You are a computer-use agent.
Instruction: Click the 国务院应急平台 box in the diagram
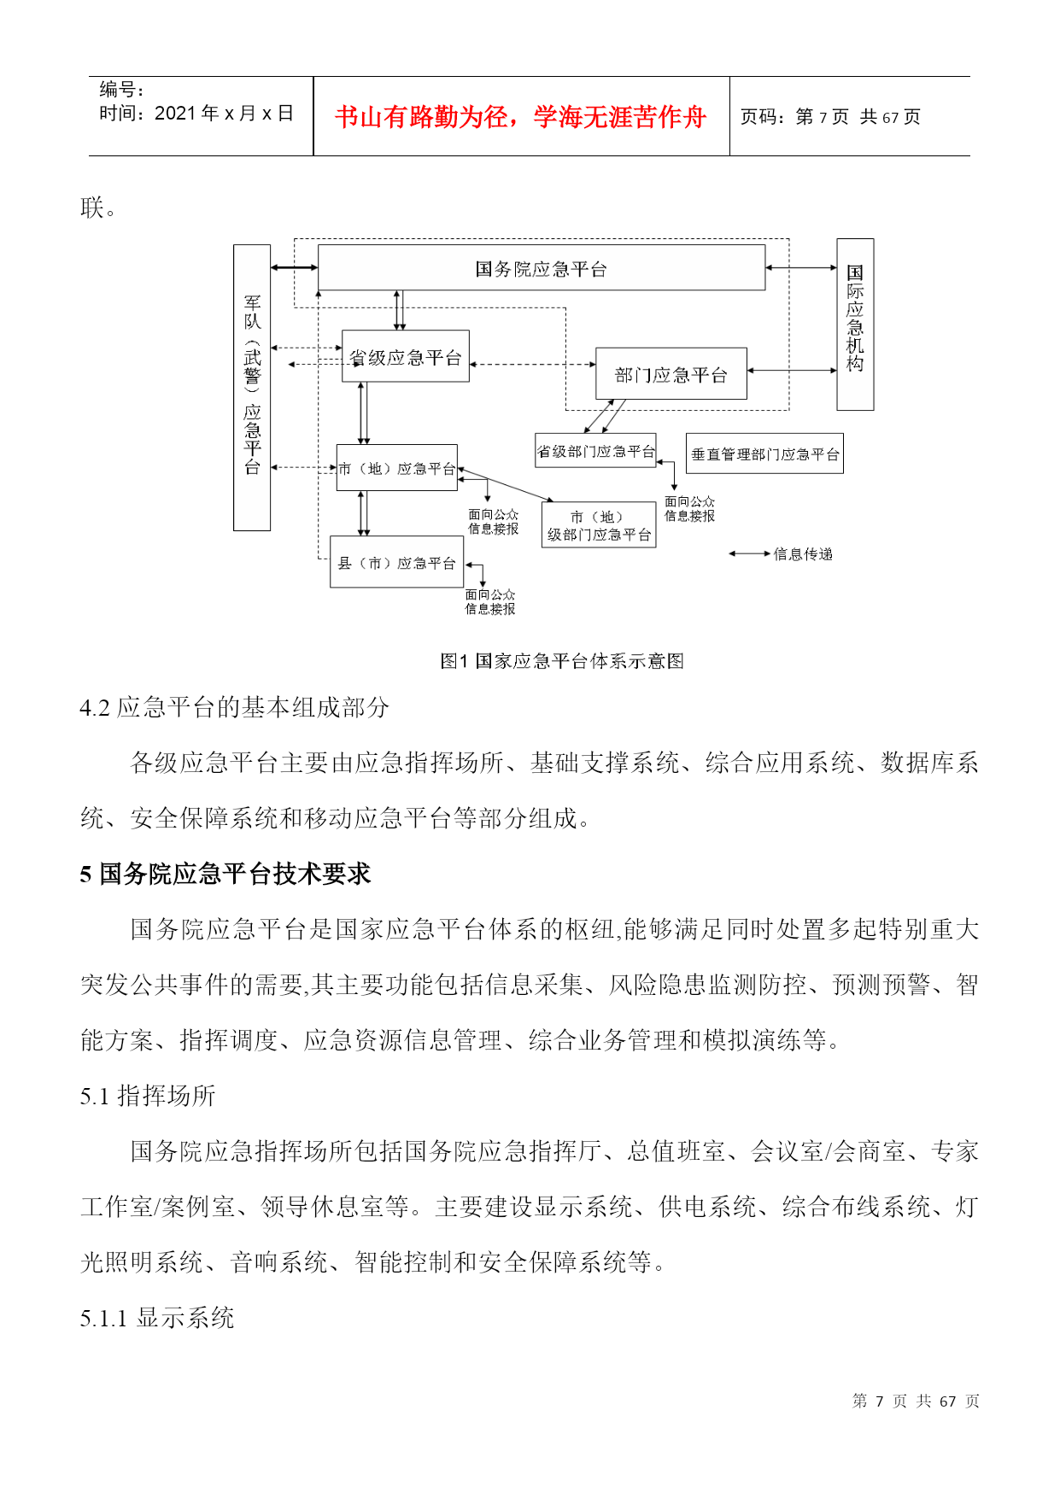click(541, 268)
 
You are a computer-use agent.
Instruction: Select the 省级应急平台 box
click(405, 356)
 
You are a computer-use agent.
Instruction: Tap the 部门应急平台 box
click(671, 374)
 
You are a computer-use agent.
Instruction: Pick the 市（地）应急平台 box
click(396, 468)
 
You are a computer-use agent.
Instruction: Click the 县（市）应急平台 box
click(396, 562)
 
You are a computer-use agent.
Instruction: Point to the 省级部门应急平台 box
click(595, 451)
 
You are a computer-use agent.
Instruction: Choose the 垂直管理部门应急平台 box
click(764, 453)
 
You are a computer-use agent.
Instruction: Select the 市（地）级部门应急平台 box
click(599, 525)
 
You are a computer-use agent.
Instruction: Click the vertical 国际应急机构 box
click(855, 325)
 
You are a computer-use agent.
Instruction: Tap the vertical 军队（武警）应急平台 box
click(252, 388)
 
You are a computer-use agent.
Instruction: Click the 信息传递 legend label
click(803, 554)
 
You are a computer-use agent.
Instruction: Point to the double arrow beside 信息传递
click(749, 554)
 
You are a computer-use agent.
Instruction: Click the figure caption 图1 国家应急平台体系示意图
click(561, 660)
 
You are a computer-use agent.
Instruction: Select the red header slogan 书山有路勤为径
click(520, 117)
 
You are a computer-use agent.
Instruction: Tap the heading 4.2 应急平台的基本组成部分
click(234, 707)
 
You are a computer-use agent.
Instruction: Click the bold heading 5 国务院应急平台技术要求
click(225, 874)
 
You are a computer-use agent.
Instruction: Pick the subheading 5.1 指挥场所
click(148, 1096)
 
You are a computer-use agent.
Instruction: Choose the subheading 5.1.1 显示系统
click(157, 1318)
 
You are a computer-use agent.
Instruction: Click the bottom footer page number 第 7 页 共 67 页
click(916, 1401)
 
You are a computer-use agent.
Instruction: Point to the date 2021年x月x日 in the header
click(224, 114)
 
